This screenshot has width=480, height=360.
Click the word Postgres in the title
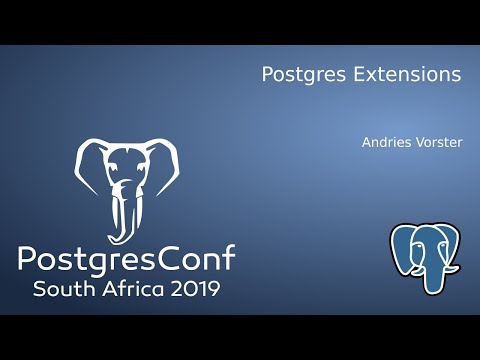296,75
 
